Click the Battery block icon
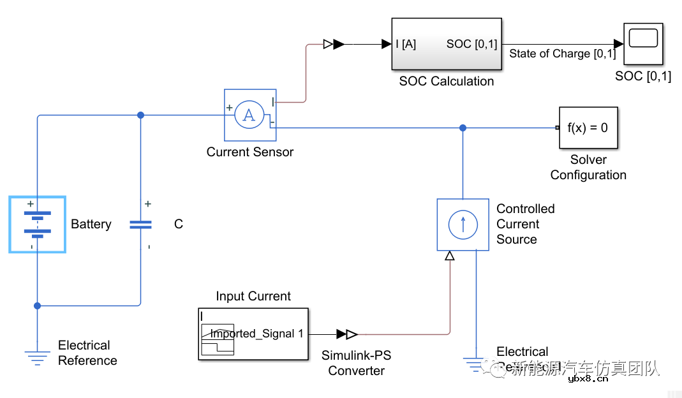pos(37,224)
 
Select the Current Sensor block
pos(249,115)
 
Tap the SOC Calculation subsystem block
pos(446,44)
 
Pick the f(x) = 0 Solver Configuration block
pos(588,128)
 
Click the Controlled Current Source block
pos(463,224)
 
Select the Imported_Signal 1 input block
pos(253,334)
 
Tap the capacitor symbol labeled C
pos(140,225)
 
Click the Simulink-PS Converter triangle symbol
pos(347,334)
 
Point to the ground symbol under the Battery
pos(37,358)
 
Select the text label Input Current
pos(253,296)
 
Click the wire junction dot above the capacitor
pos(140,115)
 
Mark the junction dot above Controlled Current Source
pos(463,128)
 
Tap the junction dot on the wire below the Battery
pos(37,306)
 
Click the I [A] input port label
pos(406,44)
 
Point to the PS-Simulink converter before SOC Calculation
pos(334,44)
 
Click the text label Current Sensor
pos(249,152)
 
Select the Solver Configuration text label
pos(588,167)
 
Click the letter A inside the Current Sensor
pos(249,115)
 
